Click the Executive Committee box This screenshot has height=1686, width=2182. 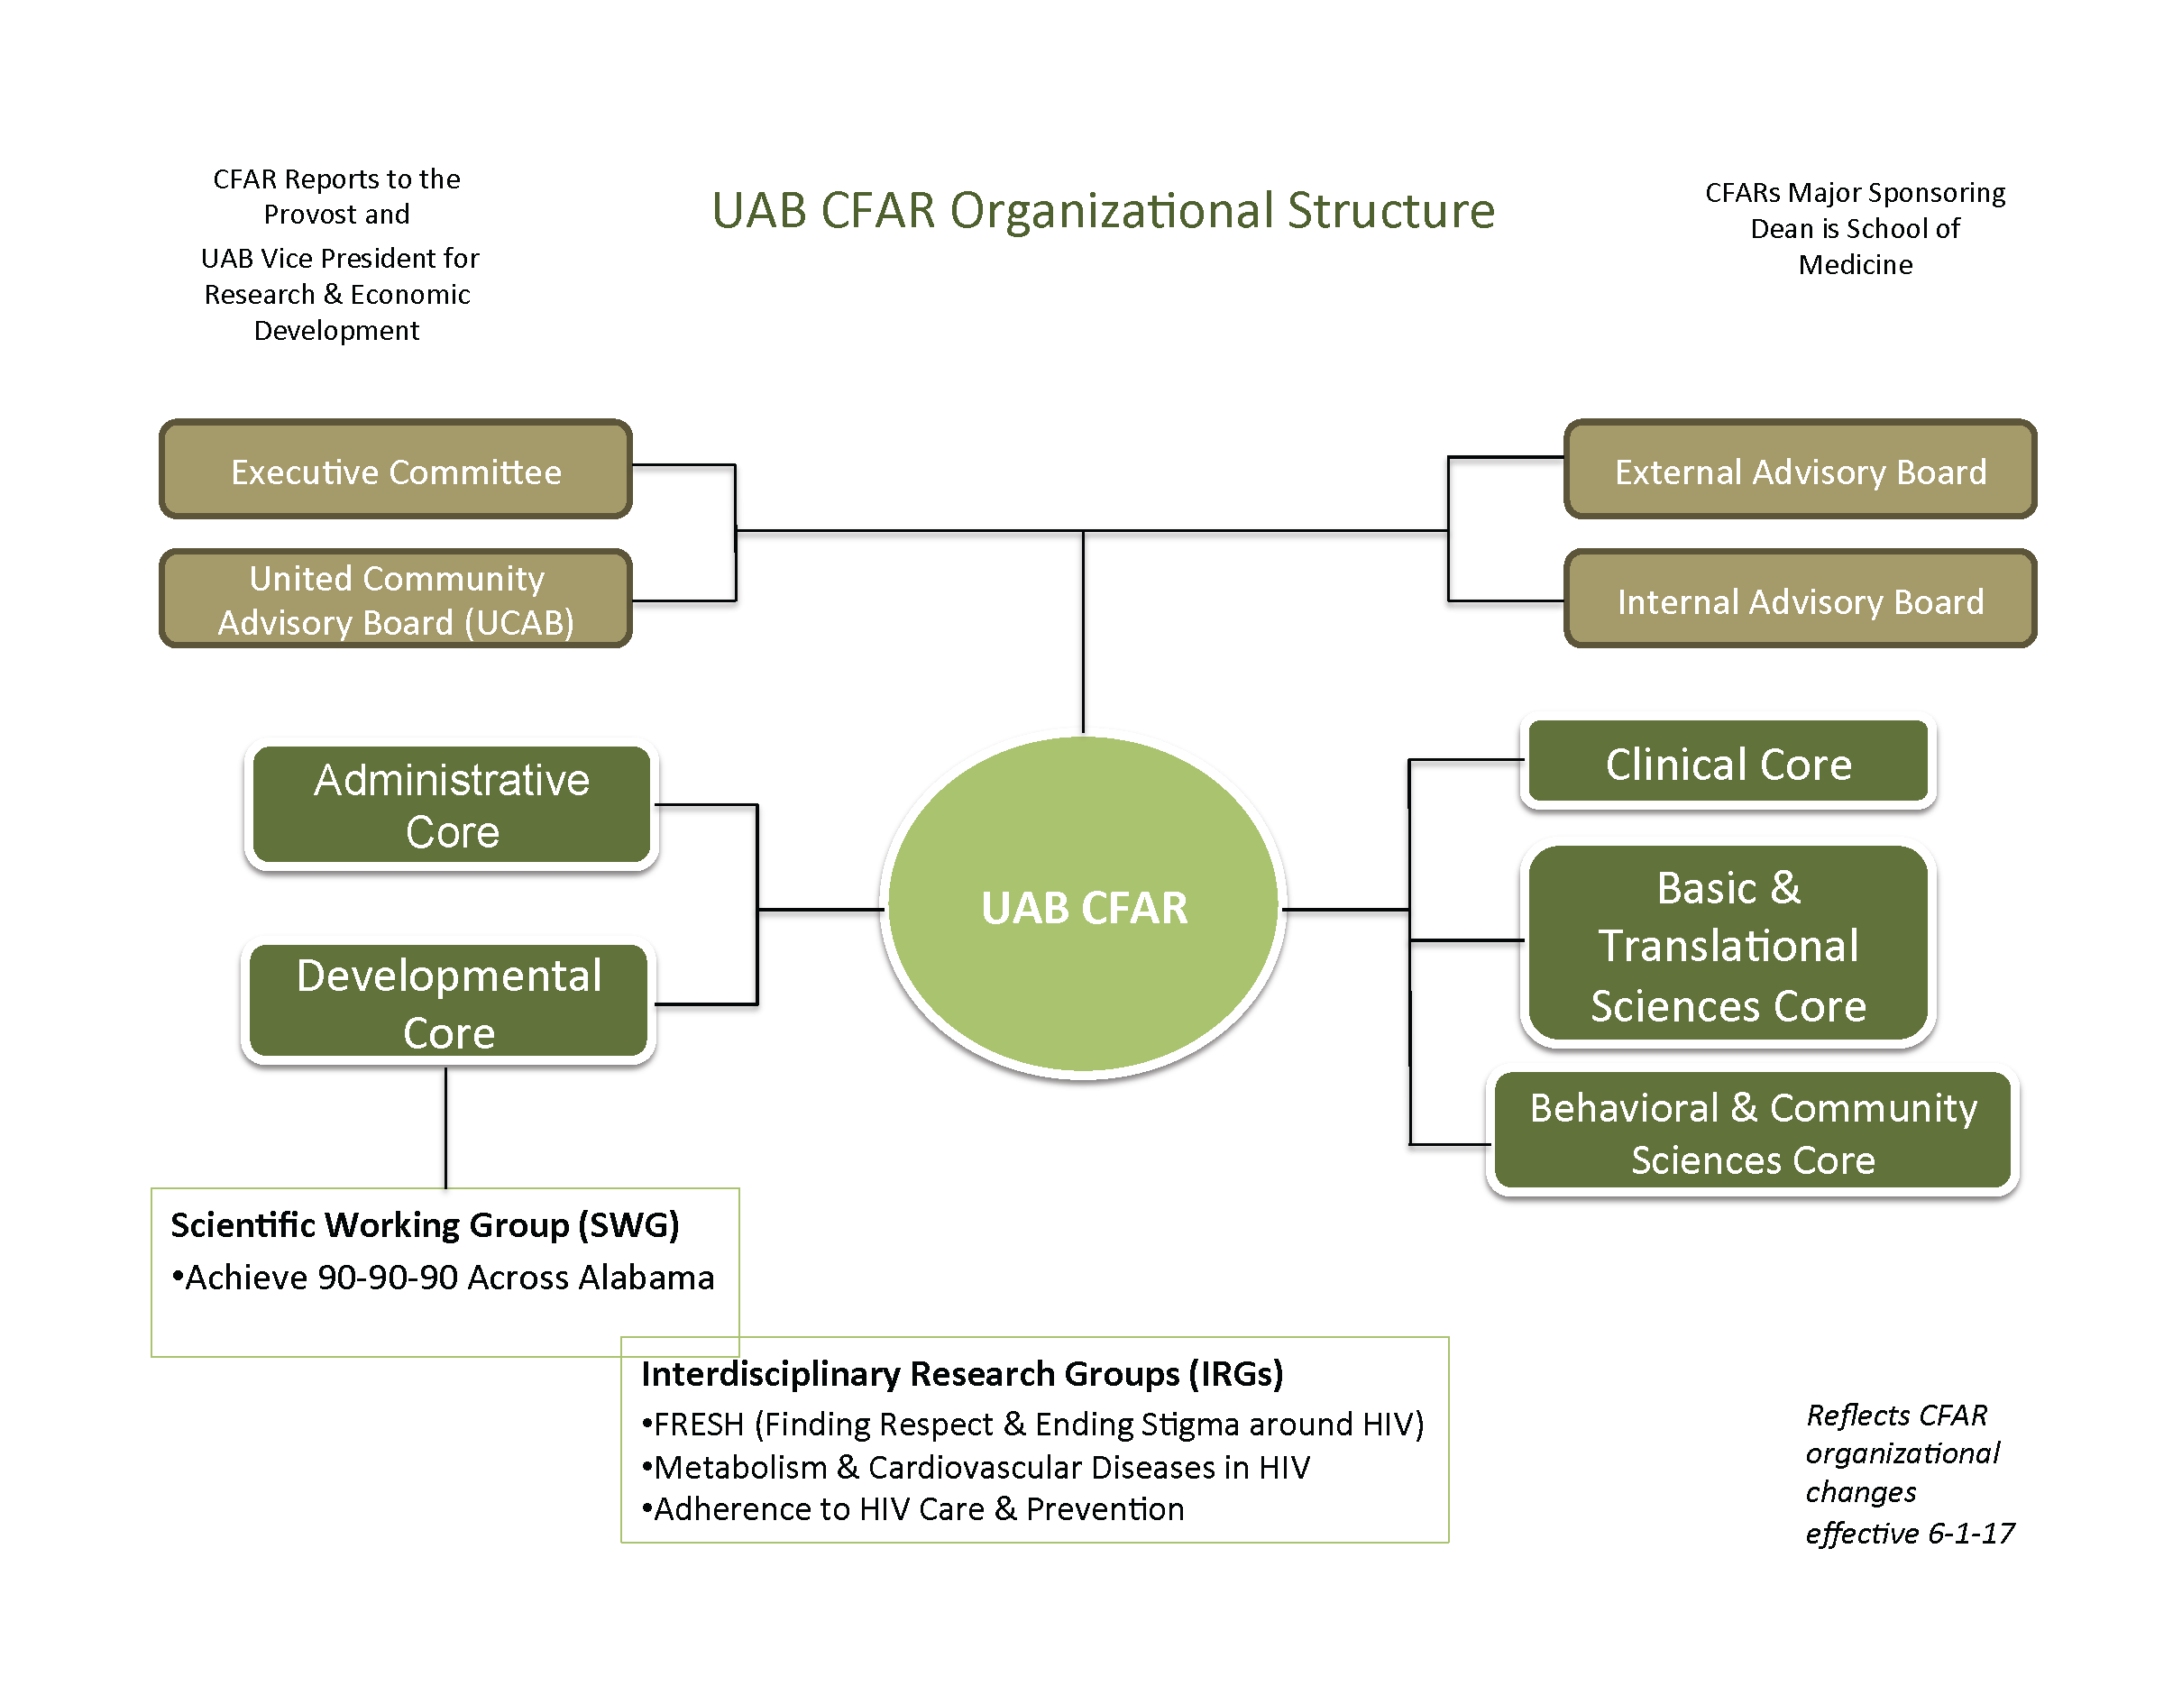coord(396,471)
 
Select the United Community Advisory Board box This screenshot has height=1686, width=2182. coord(396,600)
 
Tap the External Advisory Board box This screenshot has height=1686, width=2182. coord(1800,471)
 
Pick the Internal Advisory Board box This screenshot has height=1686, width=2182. coord(1800,600)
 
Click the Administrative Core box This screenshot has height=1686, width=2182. coord(452,805)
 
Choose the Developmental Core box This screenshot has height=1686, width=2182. coord(449,1002)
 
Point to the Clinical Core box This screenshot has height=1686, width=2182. coord(1728,763)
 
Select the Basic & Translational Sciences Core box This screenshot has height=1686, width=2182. coord(1728,945)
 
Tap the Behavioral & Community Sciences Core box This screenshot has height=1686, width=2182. coord(1753,1132)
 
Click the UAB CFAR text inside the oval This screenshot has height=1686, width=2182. coord(1084,908)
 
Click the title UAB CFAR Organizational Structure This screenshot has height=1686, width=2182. coord(1103,211)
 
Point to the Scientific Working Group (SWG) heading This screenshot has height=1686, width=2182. coord(425,1224)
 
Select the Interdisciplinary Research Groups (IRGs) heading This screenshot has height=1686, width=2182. coord(961,1373)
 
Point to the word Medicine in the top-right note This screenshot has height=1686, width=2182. coord(1856,265)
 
